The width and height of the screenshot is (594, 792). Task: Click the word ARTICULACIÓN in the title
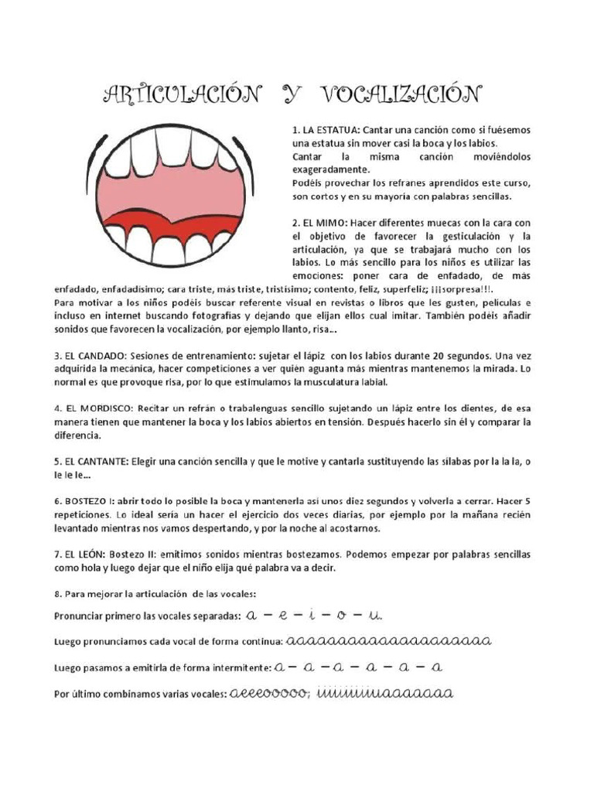pyautogui.click(x=182, y=95)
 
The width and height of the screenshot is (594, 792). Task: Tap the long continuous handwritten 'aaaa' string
pyautogui.click(x=389, y=642)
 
